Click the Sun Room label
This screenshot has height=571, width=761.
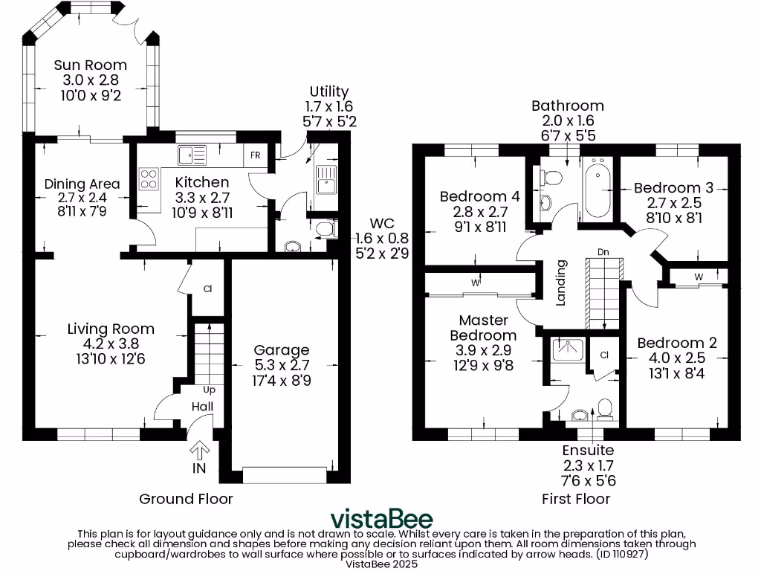click(x=90, y=65)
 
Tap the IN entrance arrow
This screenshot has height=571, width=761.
click(x=199, y=451)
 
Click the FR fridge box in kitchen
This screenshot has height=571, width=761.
click(x=255, y=156)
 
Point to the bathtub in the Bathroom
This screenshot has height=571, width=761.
click(x=598, y=188)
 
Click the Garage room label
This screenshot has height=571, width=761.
click(x=282, y=350)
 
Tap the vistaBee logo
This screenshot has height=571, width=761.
click(x=380, y=518)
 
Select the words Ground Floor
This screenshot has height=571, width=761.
click(x=186, y=499)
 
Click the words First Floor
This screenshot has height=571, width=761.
click(x=576, y=499)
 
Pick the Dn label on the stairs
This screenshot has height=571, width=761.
click(x=603, y=253)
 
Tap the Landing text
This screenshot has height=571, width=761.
click(x=562, y=283)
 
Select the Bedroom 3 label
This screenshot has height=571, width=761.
click(x=667, y=188)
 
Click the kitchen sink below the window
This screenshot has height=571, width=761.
click(x=192, y=155)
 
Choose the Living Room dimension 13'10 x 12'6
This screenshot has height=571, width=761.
click(x=111, y=359)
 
